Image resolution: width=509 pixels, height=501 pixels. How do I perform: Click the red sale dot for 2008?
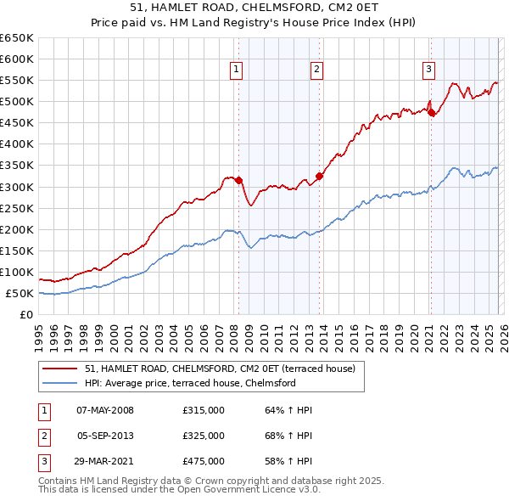(238, 180)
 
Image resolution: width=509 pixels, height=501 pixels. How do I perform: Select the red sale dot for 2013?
(320, 176)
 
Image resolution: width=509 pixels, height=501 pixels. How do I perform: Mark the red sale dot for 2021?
(431, 112)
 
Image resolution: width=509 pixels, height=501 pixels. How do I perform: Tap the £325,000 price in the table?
(204, 436)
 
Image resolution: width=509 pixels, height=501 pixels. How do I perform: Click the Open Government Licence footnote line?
(179, 490)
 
